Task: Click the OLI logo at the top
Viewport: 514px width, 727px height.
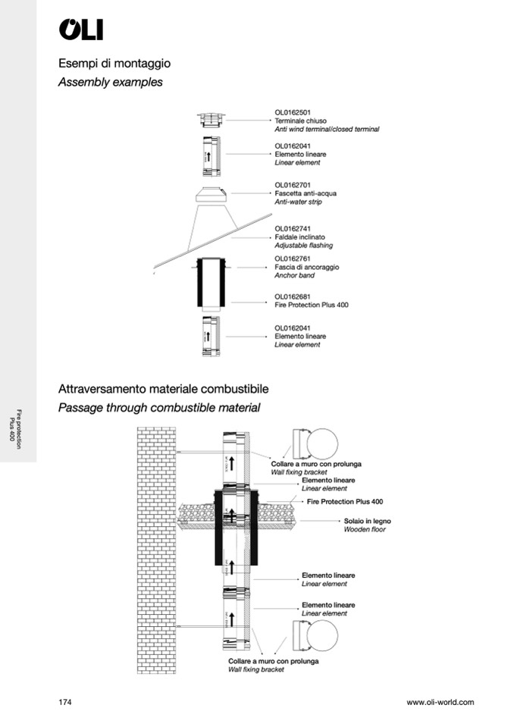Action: coord(80,30)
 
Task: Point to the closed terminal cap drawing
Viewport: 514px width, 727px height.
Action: coord(211,119)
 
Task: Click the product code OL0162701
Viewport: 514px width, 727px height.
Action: coord(292,184)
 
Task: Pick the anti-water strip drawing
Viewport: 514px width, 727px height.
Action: coord(211,193)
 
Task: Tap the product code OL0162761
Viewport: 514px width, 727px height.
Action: coord(292,259)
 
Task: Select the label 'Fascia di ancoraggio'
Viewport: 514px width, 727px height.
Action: coord(306,268)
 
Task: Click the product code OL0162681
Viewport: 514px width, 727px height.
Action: coord(292,296)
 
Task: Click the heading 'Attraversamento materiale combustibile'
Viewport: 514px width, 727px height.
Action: coord(164,389)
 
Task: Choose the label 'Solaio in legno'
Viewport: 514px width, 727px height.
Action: coord(365,522)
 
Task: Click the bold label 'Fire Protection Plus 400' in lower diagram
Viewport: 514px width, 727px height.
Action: coord(345,502)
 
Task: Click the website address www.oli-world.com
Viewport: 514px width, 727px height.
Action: coord(440,702)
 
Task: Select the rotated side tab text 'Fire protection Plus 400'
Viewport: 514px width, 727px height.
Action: coord(14,429)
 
